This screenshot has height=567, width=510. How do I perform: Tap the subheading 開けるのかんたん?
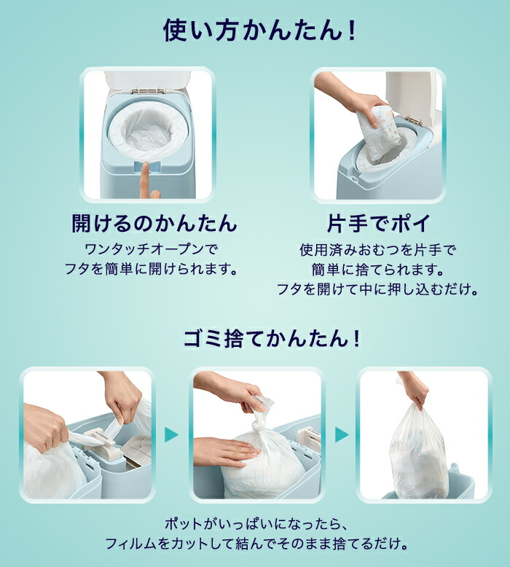(154, 222)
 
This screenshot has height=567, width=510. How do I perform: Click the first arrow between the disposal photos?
(171, 435)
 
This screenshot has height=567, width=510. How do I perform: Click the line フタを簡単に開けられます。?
(154, 269)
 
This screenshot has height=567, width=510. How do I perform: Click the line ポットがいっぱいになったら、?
(255, 524)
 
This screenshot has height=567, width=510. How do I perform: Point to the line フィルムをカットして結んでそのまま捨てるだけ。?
(255, 544)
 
